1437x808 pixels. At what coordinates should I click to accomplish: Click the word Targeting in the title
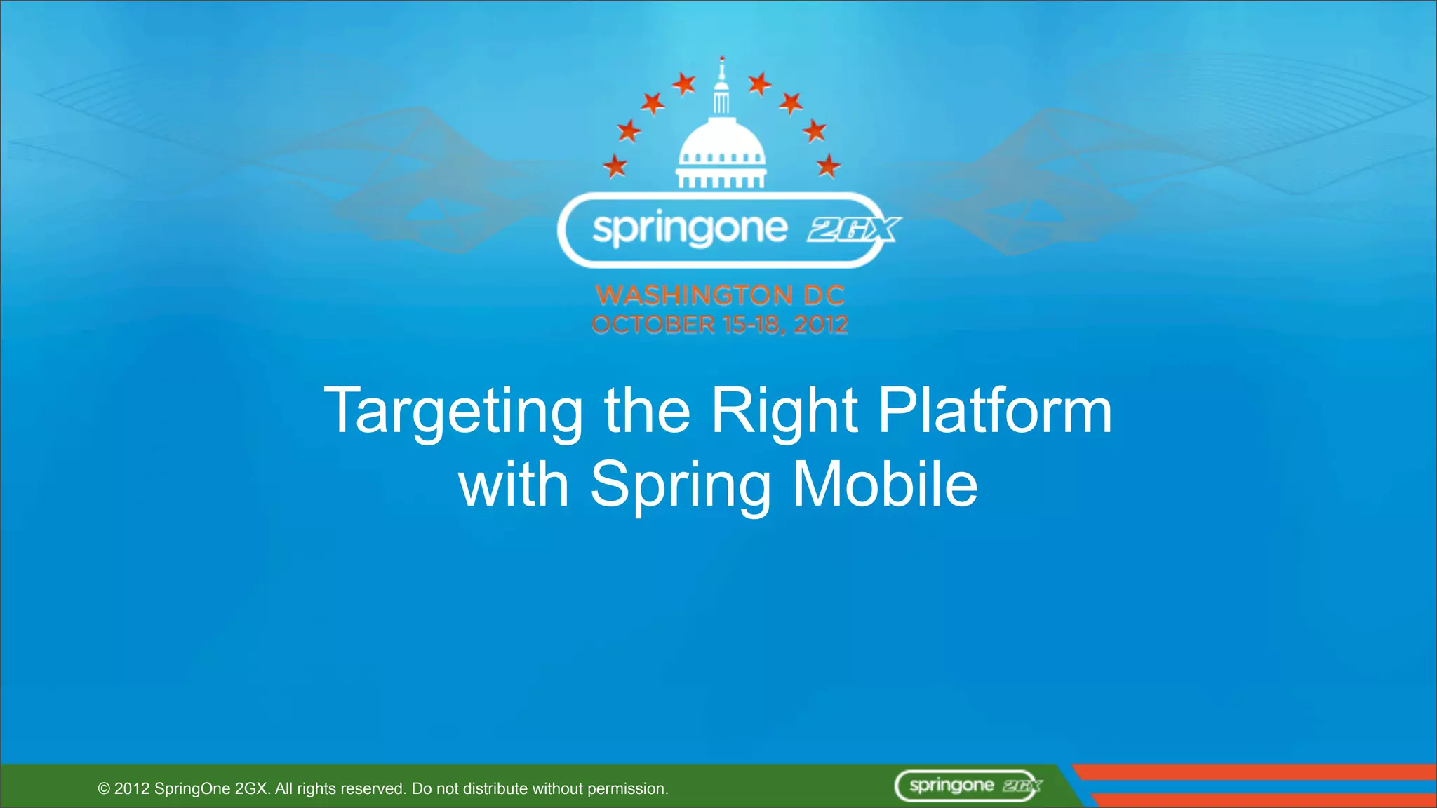(453, 412)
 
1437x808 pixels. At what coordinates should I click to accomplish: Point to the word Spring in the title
(681, 485)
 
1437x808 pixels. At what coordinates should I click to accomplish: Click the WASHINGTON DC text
(720, 295)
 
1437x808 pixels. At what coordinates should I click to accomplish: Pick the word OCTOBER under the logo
(653, 325)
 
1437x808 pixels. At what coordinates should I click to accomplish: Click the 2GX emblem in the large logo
(853, 229)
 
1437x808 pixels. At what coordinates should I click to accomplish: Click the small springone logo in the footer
(968, 786)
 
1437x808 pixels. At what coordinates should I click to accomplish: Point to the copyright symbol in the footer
(104, 789)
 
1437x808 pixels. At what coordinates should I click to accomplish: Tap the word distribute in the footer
(495, 789)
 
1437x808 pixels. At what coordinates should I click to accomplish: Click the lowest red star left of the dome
(615, 166)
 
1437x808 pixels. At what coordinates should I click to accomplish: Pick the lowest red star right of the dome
(828, 166)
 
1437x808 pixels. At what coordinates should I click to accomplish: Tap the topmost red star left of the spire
(683, 84)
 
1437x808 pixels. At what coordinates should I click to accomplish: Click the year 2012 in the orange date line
(821, 325)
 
